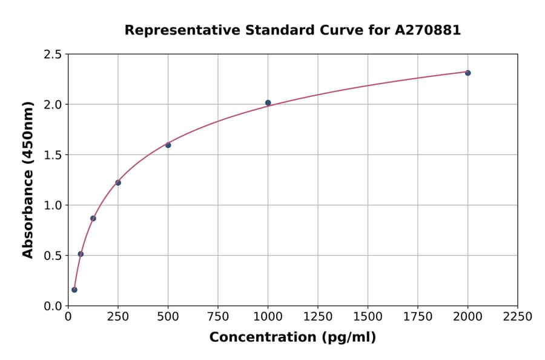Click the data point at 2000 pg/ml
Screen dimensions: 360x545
(467, 73)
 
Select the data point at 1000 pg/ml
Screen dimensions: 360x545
(268, 103)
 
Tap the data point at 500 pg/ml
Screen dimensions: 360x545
(168, 145)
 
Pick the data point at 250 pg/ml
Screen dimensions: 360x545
(118, 182)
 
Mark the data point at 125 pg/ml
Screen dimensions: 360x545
(93, 218)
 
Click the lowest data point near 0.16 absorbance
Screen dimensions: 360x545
(74, 290)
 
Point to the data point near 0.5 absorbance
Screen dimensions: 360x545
(81, 254)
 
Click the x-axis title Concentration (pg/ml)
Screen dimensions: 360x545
(292, 338)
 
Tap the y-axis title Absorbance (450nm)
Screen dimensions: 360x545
(28, 179)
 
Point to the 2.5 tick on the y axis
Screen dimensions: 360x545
(52, 55)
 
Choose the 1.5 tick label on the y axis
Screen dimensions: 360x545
(52, 155)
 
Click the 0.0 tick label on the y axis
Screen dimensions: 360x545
(52, 306)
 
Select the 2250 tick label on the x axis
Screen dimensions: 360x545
(518, 317)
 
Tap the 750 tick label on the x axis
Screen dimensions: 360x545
(218, 317)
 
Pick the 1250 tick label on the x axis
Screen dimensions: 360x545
(318, 317)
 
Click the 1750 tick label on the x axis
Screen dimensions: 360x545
(418, 317)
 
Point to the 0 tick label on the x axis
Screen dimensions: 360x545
(68, 317)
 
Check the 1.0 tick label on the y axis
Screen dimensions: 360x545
(52, 205)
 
